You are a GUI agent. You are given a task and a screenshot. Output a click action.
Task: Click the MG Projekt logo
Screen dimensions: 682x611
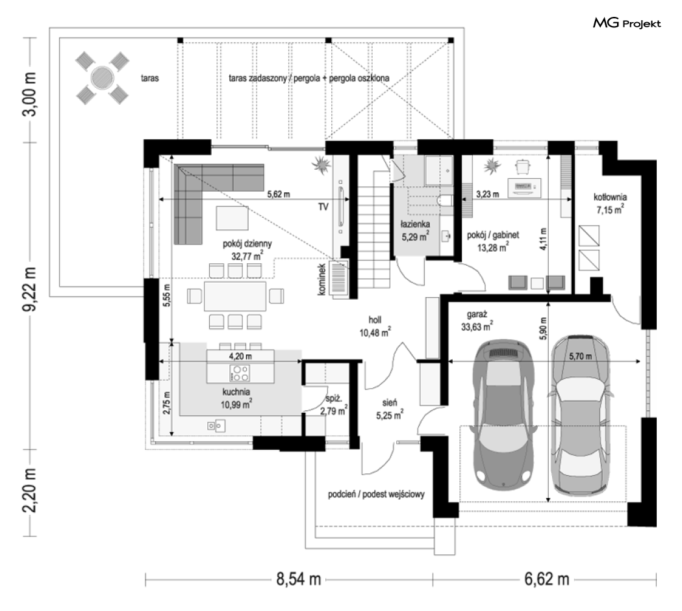tap(627, 23)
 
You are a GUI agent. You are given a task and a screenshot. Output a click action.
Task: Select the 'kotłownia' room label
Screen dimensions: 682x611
tap(610, 197)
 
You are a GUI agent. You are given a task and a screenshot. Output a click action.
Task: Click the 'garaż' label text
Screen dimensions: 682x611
tap(477, 314)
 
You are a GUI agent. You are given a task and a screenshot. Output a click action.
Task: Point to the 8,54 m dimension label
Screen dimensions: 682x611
tap(298, 579)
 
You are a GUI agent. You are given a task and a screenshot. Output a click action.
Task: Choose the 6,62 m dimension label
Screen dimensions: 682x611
tap(547, 579)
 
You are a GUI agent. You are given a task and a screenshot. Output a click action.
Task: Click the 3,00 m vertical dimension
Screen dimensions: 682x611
tap(30, 94)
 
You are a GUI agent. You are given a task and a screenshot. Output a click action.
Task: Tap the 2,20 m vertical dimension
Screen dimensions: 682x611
tap(30, 491)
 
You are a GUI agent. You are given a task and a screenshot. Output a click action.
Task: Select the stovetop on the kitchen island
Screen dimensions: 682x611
tap(240, 373)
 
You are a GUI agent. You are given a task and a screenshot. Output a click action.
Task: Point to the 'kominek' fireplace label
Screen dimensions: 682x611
tap(322, 279)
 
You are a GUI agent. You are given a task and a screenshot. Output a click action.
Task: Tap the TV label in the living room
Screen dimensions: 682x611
tap(323, 207)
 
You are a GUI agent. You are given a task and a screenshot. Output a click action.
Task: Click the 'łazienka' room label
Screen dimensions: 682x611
tap(416, 224)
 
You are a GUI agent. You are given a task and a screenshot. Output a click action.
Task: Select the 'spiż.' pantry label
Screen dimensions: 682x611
tap(334, 398)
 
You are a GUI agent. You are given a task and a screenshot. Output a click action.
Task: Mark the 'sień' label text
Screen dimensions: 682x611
tap(390, 403)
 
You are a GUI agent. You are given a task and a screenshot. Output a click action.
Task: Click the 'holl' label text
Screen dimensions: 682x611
tap(375, 320)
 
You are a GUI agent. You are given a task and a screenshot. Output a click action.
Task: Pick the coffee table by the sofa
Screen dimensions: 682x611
tap(233, 218)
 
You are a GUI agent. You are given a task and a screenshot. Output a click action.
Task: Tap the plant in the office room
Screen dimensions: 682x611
tap(492, 166)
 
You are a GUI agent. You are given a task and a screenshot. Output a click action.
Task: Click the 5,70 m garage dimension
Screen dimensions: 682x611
tap(580, 356)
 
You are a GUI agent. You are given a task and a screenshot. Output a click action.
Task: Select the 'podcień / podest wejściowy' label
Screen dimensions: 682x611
tap(376, 495)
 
